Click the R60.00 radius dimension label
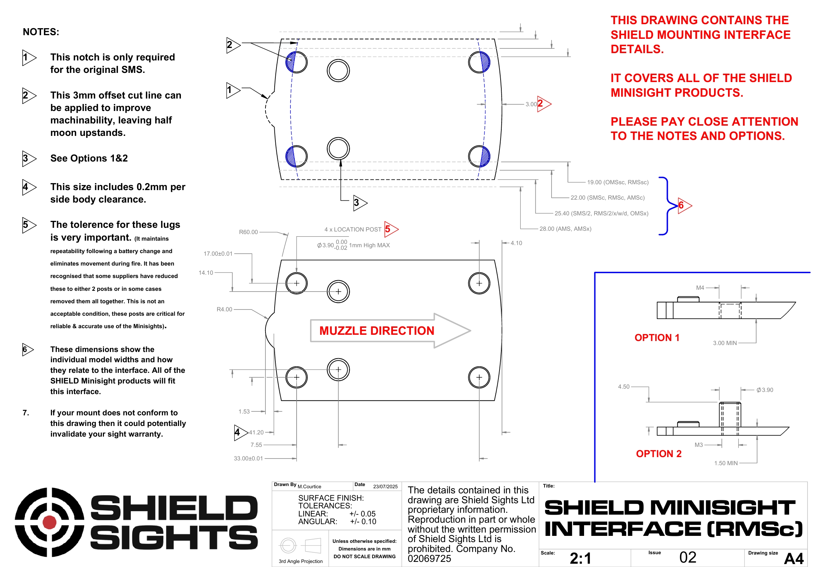click(248, 232)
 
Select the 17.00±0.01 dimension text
click(218, 253)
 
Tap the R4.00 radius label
click(224, 309)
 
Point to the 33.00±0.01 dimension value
click(248, 458)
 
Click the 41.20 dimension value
click(256, 432)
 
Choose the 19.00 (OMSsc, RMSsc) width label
click(617, 182)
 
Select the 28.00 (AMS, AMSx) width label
click(565, 229)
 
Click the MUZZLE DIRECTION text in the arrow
click(376, 331)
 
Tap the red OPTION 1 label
click(657, 337)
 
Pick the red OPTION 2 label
click(658, 453)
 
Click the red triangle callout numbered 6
click(683, 205)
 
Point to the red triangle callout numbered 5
click(390, 229)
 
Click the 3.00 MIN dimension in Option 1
click(724, 343)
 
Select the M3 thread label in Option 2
click(698, 445)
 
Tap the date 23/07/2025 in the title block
click(385, 486)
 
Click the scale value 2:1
click(580, 558)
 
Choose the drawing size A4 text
click(794, 559)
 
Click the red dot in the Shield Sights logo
click(49, 522)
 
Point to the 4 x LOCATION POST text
click(353, 229)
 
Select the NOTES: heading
click(41, 32)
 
